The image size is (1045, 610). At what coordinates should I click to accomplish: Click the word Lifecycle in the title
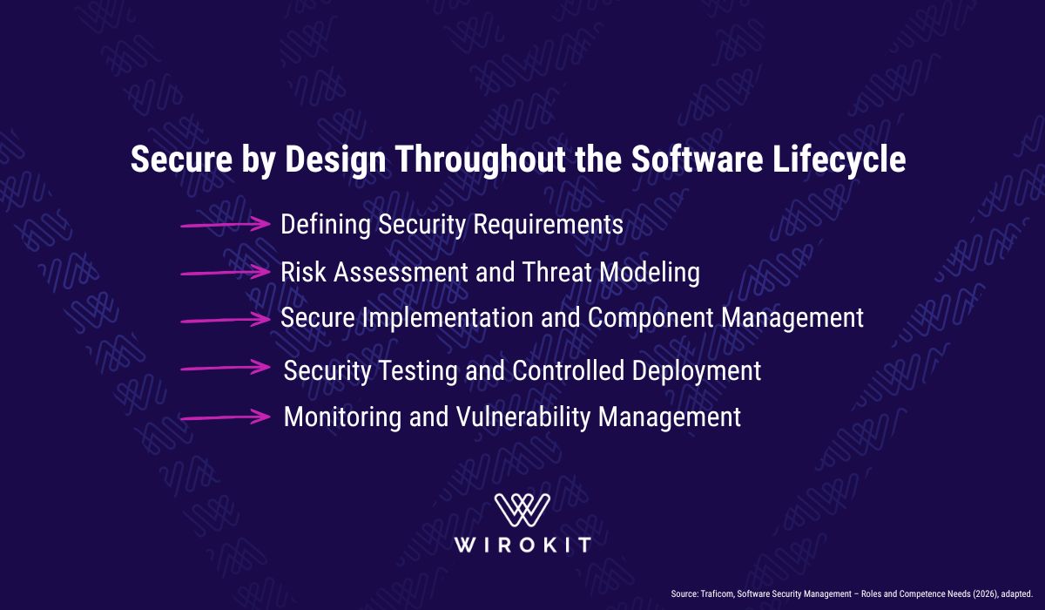tap(839, 160)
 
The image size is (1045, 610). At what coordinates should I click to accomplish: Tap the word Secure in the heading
tap(181, 159)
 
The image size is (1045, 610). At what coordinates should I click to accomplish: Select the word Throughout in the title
tap(481, 160)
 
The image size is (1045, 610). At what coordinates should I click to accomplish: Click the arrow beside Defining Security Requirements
tap(226, 224)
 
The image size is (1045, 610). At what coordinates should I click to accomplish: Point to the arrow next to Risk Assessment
tap(226, 272)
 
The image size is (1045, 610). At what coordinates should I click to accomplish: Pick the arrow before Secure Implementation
tap(226, 320)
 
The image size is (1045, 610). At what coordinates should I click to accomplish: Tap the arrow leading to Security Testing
tap(226, 368)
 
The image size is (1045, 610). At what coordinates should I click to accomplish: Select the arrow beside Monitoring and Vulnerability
tap(226, 417)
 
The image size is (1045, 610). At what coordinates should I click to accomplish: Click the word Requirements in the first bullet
tap(548, 225)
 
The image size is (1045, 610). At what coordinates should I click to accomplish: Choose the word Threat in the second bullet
tap(557, 272)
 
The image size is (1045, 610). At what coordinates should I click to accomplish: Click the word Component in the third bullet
tap(651, 319)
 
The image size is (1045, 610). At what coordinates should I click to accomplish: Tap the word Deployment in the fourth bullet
tap(697, 371)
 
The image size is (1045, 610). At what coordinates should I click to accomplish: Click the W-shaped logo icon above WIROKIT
tap(522, 510)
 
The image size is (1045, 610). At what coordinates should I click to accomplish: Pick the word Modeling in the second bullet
tap(650, 273)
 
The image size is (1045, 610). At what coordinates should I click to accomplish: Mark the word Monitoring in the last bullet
tap(342, 417)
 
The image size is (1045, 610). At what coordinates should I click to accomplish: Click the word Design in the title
tap(335, 160)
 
